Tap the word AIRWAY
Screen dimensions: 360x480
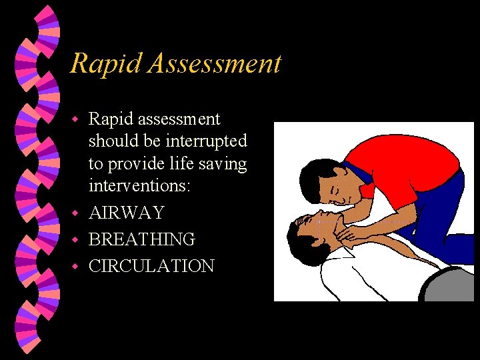pyautogui.click(x=126, y=213)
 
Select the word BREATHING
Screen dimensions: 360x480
pyautogui.click(x=141, y=239)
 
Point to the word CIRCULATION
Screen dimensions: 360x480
pyautogui.click(x=151, y=266)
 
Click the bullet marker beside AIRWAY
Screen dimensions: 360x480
pyautogui.click(x=76, y=213)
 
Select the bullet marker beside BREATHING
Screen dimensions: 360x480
pyautogui.click(x=76, y=240)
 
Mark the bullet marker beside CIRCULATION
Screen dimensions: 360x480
pyautogui.click(x=76, y=267)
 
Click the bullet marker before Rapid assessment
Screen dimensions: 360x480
pyautogui.click(x=76, y=120)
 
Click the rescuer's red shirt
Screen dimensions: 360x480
pyautogui.click(x=400, y=167)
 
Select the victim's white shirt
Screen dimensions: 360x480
pyautogui.click(x=360, y=273)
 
